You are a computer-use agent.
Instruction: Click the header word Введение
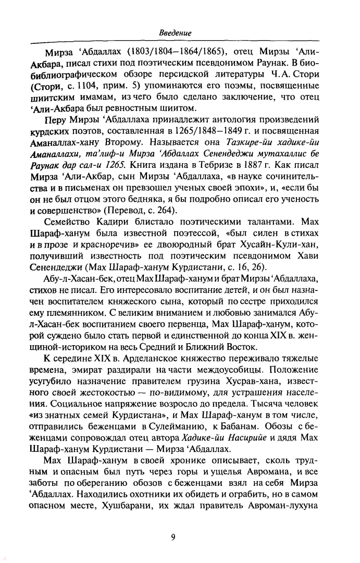tap(175, 33)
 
